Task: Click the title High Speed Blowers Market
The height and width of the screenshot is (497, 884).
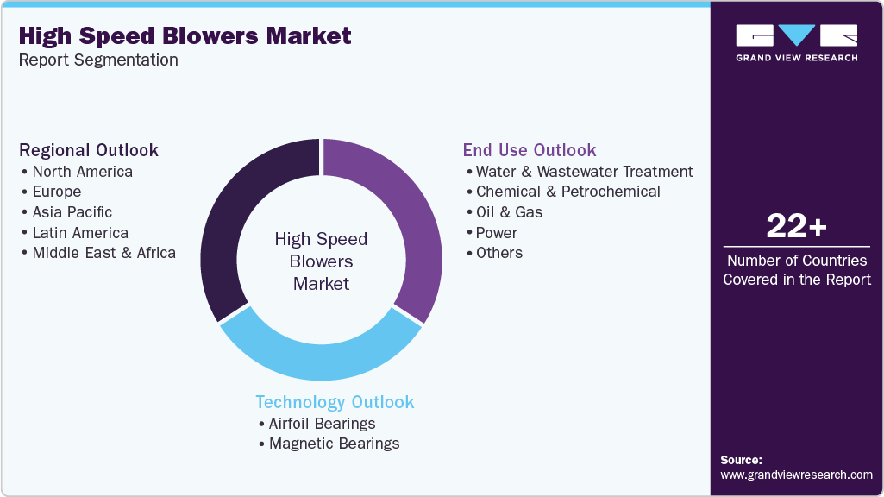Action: tap(185, 36)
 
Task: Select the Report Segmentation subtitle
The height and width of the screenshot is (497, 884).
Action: tap(98, 60)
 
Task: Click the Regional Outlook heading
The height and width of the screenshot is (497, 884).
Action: tap(89, 150)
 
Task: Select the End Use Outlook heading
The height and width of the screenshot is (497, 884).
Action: tap(530, 150)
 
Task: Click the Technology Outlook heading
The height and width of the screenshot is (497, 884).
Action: tap(335, 402)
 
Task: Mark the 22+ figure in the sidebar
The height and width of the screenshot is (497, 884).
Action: tap(796, 226)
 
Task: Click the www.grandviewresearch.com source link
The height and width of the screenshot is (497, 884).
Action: tap(796, 475)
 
